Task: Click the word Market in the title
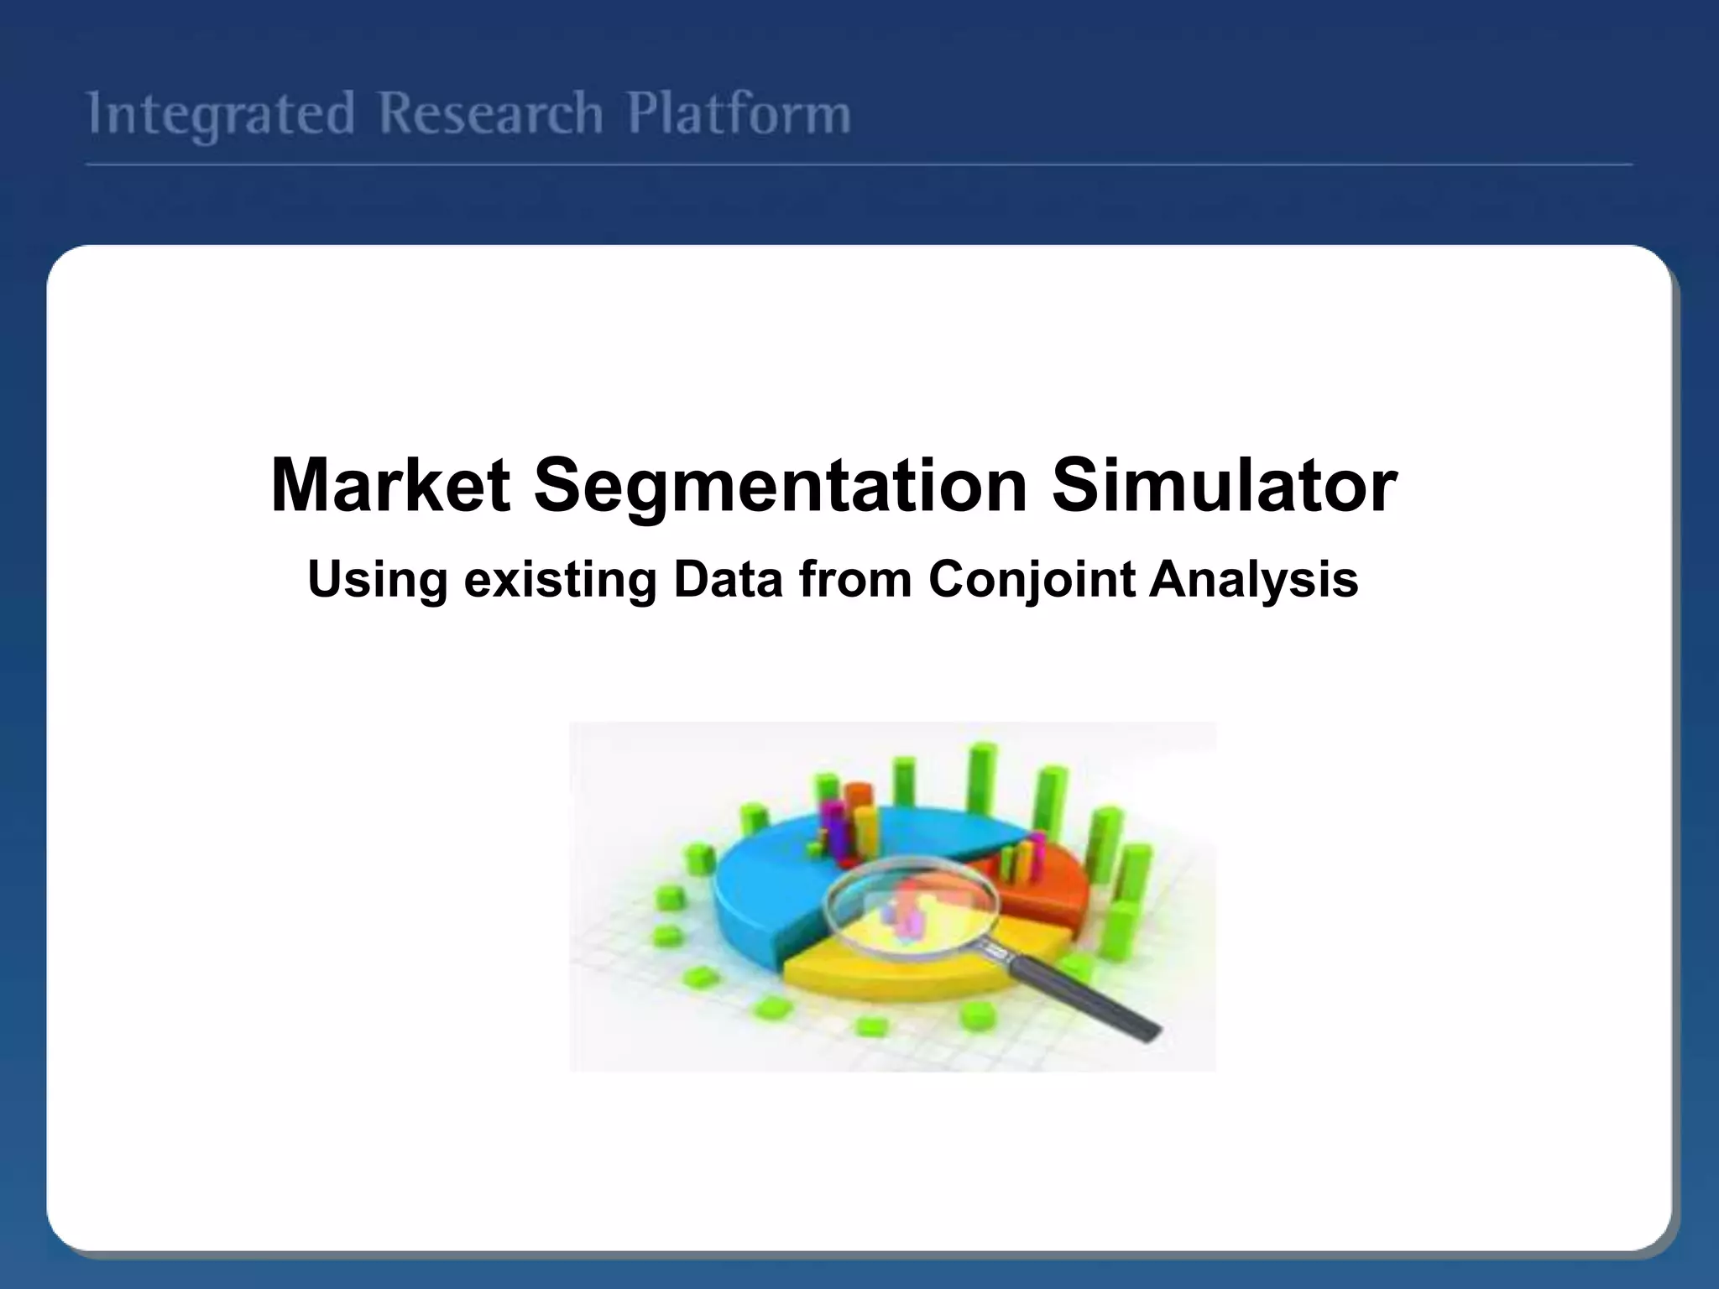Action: click(x=390, y=486)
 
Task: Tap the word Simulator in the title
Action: click(x=1224, y=486)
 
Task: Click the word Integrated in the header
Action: click(x=221, y=115)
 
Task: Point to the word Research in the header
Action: click(x=490, y=115)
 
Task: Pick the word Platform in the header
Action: click(x=739, y=115)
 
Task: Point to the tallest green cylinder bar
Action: click(x=980, y=780)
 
